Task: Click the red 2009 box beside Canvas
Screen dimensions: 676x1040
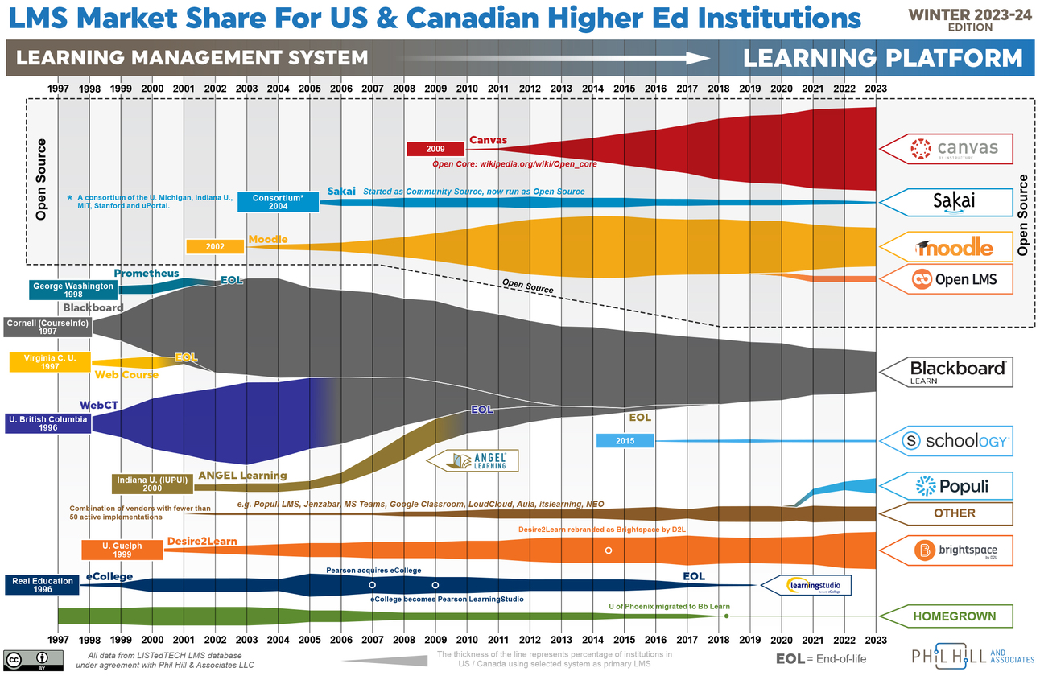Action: (435, 149)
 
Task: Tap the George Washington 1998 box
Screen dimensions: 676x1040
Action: (61, 290)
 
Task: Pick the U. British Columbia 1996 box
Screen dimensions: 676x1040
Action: (47, 423)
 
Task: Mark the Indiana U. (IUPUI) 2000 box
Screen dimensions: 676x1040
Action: (152, 484)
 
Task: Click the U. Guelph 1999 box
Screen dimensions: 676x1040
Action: (122, 550)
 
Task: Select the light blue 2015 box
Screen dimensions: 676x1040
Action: (625, 441)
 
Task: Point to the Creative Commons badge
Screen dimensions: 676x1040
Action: (28, 660)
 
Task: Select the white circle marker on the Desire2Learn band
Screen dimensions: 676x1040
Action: (609, 550)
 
